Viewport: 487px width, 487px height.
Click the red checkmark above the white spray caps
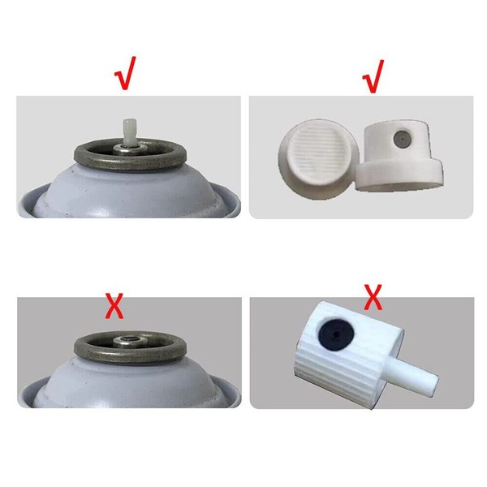(x=373, y=76)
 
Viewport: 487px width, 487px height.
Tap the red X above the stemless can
(x=114, y=306)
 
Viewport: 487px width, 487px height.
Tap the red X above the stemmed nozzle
(x=373, y=297)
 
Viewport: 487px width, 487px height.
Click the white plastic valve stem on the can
(x=129, y=131)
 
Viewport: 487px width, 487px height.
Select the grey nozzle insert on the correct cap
(x=403, y=138)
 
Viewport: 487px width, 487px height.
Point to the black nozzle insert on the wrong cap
(x=336, y=334)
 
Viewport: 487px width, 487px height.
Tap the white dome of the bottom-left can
(x=131, y=385)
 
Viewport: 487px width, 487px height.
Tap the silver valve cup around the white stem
(x=130, y=150)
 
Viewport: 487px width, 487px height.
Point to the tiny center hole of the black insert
(x=336, y=334)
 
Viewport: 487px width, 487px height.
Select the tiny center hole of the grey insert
(x=403, y=138)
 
